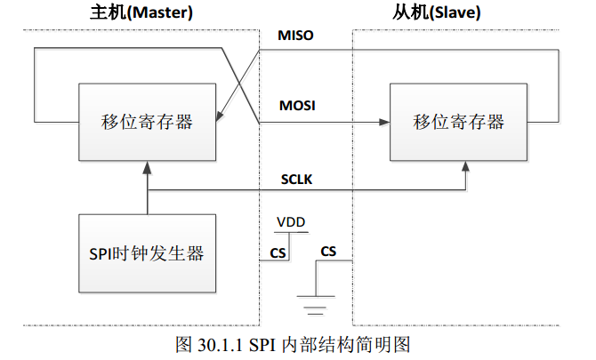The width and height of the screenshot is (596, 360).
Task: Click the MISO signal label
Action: pyautogui.click(x=295, y=36)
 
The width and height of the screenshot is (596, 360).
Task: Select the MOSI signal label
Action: pyautogui.click(x=296, y=107)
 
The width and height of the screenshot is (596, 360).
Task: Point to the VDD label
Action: pyautogui.click(x=289, y=221)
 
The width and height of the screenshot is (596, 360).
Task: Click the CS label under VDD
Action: pyautogui.click(x=278, y=252)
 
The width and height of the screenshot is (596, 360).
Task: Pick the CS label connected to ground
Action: pyautogui.click(x=328, y=252)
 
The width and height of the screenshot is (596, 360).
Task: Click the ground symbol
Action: pyautogui.click(x=313, y=305)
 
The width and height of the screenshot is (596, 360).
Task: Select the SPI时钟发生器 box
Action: pyautogui.click(x=147, y=254)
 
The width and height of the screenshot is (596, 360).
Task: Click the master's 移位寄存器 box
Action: pyautogui.click(x=147, y=123)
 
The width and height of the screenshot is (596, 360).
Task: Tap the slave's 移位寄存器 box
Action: pyautogui.click(x=458, y=123)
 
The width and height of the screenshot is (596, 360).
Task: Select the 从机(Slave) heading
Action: pyautogui.click(x=451, y=13)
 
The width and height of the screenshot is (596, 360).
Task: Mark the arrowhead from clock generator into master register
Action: pyautogui.click(x=147, y=168)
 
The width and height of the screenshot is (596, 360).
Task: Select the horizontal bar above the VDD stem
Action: pyautogui.click(x=289, y=233)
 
